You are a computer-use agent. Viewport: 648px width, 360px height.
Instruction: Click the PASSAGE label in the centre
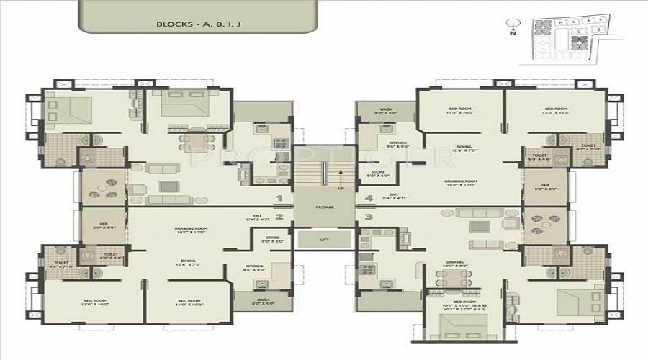pyautogui.click(x=323, y=207)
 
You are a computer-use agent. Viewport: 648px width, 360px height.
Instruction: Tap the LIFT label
pyautogui.click(x=323, y=239)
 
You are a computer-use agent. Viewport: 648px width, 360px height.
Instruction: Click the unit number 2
pyautogui.click(x=279, y=216)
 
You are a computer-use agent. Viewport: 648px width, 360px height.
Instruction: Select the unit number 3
pyautogui.click(x=368, y=216)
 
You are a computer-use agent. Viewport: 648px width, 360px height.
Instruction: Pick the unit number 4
pyautogui.click(x=368, y=197)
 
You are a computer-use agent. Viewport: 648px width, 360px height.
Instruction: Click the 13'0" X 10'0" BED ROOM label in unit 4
pyautogui.click(x=558, y=110)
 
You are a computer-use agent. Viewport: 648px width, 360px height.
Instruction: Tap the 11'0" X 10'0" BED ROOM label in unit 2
pyautogui.click(x=189, y=302)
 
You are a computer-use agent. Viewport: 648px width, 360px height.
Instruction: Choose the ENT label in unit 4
pyautogui.click(x=394, y=195)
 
